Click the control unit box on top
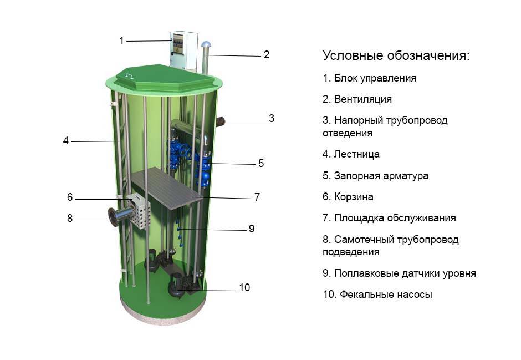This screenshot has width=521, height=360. tap(183, 49)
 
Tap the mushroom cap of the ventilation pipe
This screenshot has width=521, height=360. tap(207, 45)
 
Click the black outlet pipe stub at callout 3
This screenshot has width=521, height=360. tap(221, 121)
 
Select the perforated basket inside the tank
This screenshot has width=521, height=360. tap(140, 211)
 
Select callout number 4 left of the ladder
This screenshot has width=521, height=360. tap(65, 141)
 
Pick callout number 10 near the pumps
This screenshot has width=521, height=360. tap(244, 288)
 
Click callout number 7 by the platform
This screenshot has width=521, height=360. tap(257, 197)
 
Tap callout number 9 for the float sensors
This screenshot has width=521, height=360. tap(251, 229)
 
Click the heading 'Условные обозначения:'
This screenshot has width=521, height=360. tap(396, 56)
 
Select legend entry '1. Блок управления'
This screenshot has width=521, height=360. tap(369, 78)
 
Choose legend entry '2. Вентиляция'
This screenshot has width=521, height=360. tap(357, 99)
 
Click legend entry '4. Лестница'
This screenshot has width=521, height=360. tap(351, 154)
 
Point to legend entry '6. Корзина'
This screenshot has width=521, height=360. tap(348, 197)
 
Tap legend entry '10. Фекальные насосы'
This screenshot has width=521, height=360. tap(377, 295)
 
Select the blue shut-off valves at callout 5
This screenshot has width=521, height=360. tap(203, 166)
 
